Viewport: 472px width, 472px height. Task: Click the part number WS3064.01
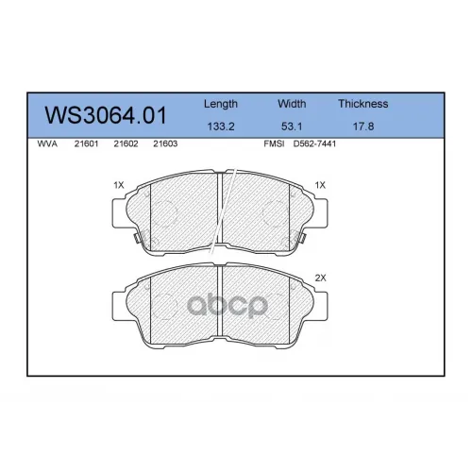tap(106, 115)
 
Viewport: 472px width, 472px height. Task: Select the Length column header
tap(221, 104)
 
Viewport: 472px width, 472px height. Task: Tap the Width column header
tap(292, 104)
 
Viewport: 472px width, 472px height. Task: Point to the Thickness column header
tap(363, 104)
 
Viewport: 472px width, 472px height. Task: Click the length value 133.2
tap(221, 126)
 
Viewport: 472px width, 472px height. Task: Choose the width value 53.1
tap(292, 126)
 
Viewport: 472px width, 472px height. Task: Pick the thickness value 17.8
tap(363, 126)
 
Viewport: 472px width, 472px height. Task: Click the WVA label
tap(47, 143)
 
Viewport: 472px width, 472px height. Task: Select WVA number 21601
tap(86, 143)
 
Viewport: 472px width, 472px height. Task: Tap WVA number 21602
tap(126, 143)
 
